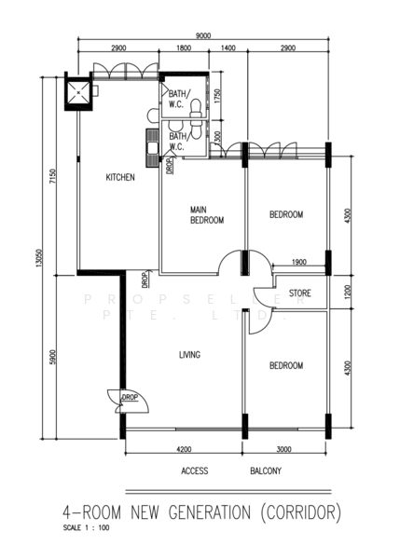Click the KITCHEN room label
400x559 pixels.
120,177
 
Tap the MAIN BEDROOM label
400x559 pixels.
206,215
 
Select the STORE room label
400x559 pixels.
299,293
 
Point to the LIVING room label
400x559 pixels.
191,355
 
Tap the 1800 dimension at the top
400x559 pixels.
183,48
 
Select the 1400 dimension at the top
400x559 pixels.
228,48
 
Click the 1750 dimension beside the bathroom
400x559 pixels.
217,97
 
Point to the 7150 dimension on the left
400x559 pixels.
54,177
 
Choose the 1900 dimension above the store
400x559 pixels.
299,263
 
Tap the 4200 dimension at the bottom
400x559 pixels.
184,449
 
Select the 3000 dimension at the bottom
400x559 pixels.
284,449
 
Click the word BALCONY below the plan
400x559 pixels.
266,471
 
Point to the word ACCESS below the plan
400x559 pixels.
195,471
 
